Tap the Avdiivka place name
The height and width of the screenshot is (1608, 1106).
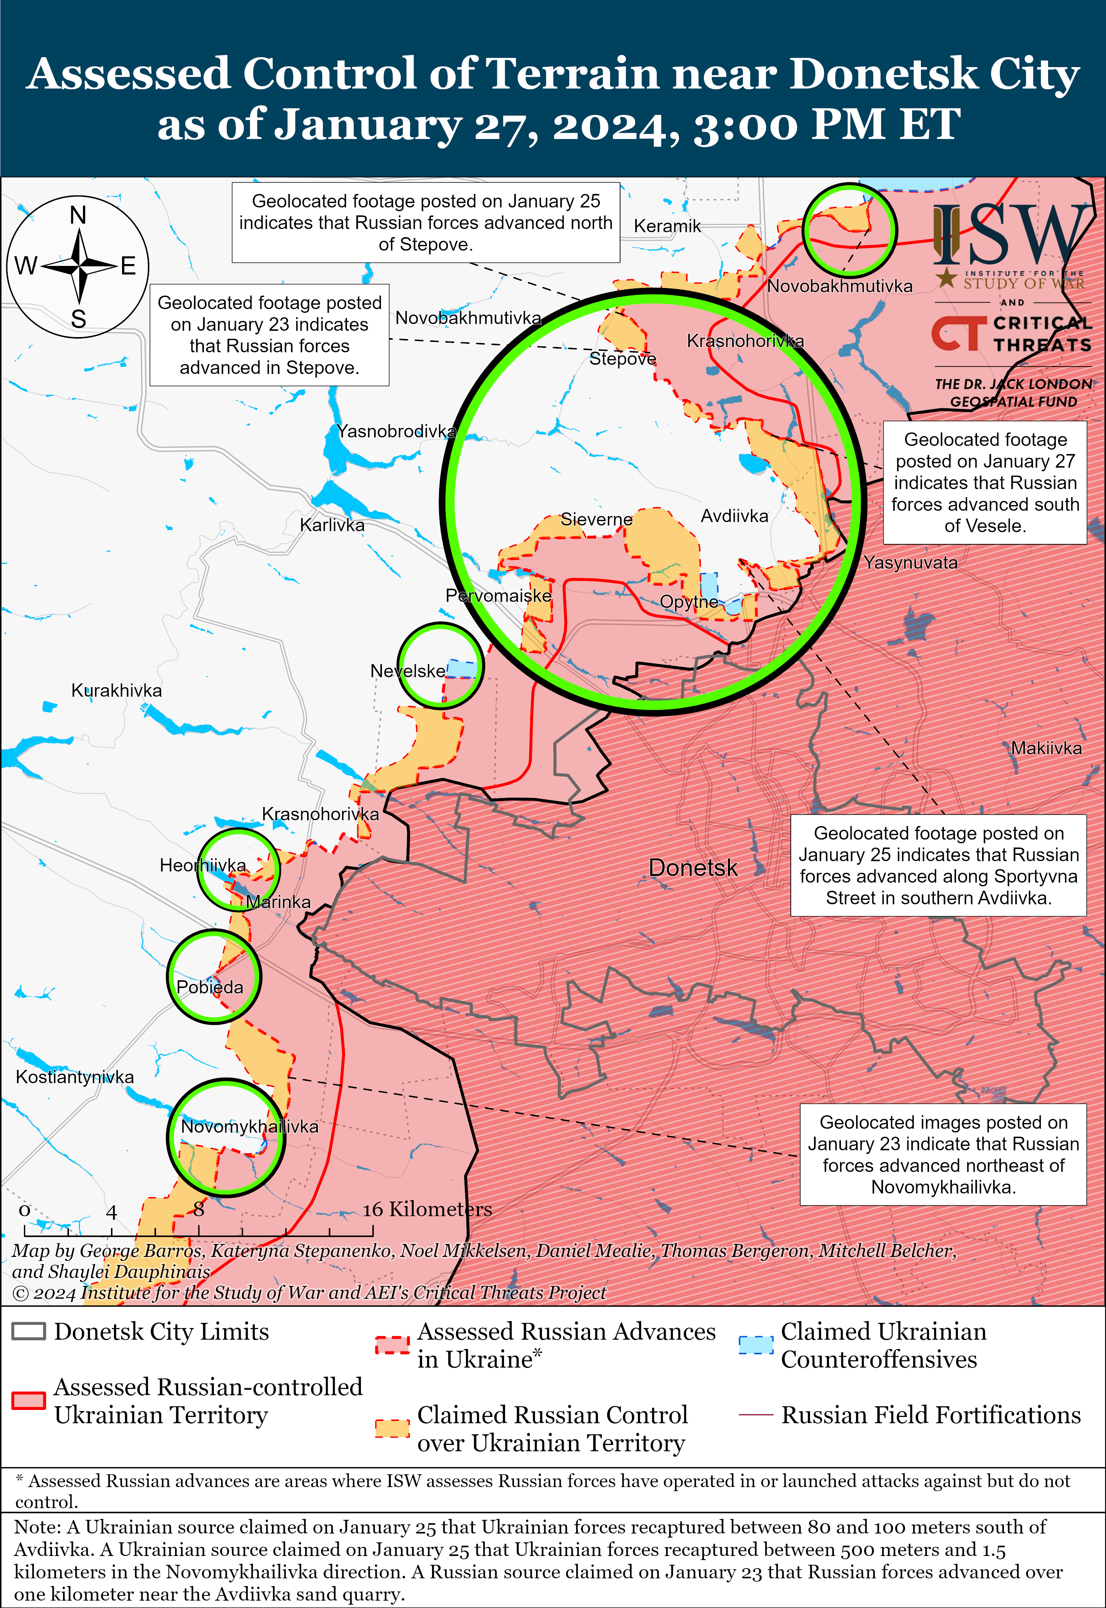[x=734, y=516]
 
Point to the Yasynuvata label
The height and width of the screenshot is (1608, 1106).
[x=910, y=563]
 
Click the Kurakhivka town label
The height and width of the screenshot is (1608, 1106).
[x=116, y=690]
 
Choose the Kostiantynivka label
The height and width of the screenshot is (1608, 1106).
[x=75, y=1077]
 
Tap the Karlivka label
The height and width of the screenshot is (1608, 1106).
[x=332, y=526]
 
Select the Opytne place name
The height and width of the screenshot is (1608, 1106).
[x=688, y=602]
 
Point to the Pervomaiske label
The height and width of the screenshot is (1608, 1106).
[x=498, y=595]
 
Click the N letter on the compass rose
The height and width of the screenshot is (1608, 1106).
[x=78, y=215]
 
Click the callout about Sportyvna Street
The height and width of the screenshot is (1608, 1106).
[x=938, y=865]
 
